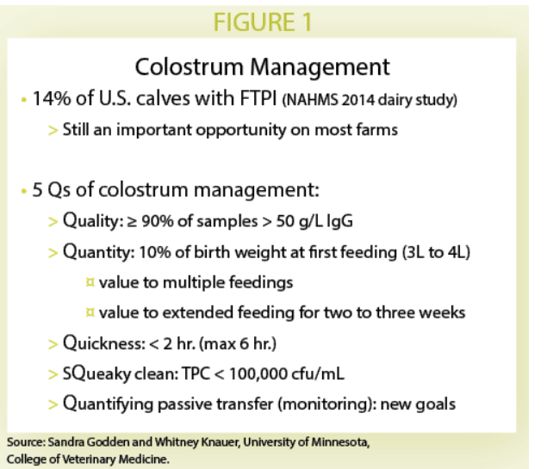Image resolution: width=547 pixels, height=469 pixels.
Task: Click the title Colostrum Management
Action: pos(264,66)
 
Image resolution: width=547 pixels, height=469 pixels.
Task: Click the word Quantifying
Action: pos(110,403)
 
